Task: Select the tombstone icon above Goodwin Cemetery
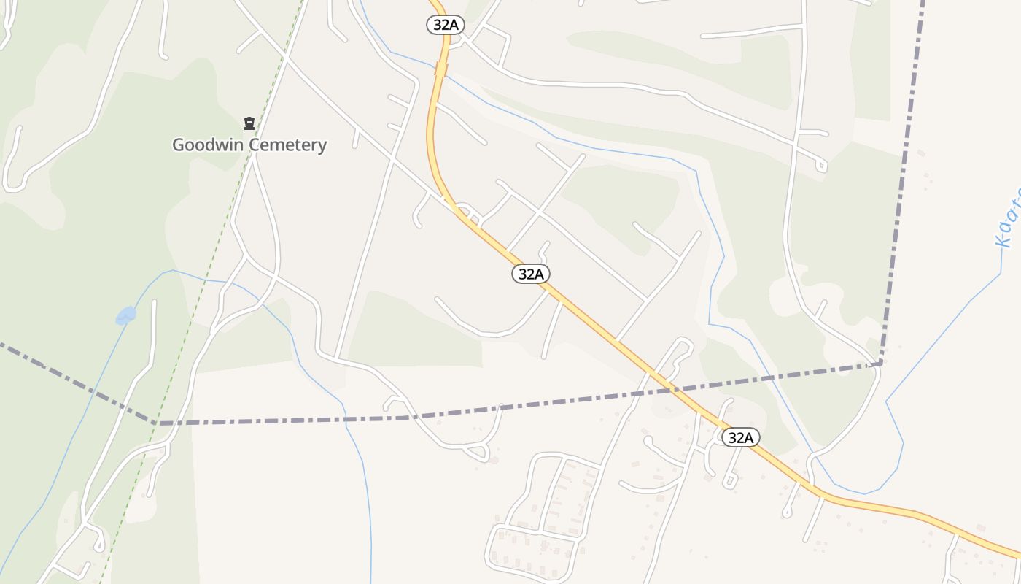249,123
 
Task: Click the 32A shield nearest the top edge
445,25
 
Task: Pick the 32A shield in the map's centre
530,274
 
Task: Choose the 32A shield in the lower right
740,437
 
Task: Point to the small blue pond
125,315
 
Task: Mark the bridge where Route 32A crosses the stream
440,69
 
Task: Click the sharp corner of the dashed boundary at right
881,362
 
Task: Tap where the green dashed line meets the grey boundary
156,423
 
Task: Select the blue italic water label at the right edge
1009,219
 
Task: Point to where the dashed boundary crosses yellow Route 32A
669,388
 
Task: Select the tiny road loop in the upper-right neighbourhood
821,166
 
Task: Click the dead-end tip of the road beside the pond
154,301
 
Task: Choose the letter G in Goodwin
178,145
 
